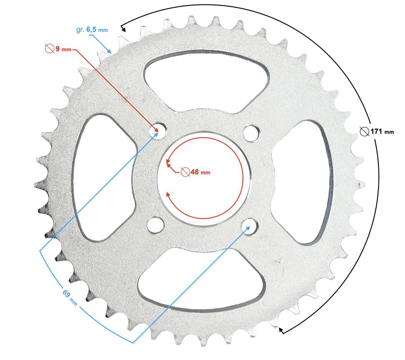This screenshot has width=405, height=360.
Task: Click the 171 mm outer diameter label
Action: (377, 132)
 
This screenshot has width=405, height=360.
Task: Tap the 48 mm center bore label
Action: (196, 172)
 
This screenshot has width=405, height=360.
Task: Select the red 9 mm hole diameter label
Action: (58, 49)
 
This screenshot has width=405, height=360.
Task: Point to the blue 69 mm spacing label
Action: (70, 298)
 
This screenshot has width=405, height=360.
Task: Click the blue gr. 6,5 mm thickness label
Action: (92, 30)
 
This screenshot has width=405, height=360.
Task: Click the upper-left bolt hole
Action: (158, 130)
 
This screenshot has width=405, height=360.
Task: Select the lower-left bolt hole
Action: (156, 225)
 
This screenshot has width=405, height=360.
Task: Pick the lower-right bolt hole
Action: (249, 226)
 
